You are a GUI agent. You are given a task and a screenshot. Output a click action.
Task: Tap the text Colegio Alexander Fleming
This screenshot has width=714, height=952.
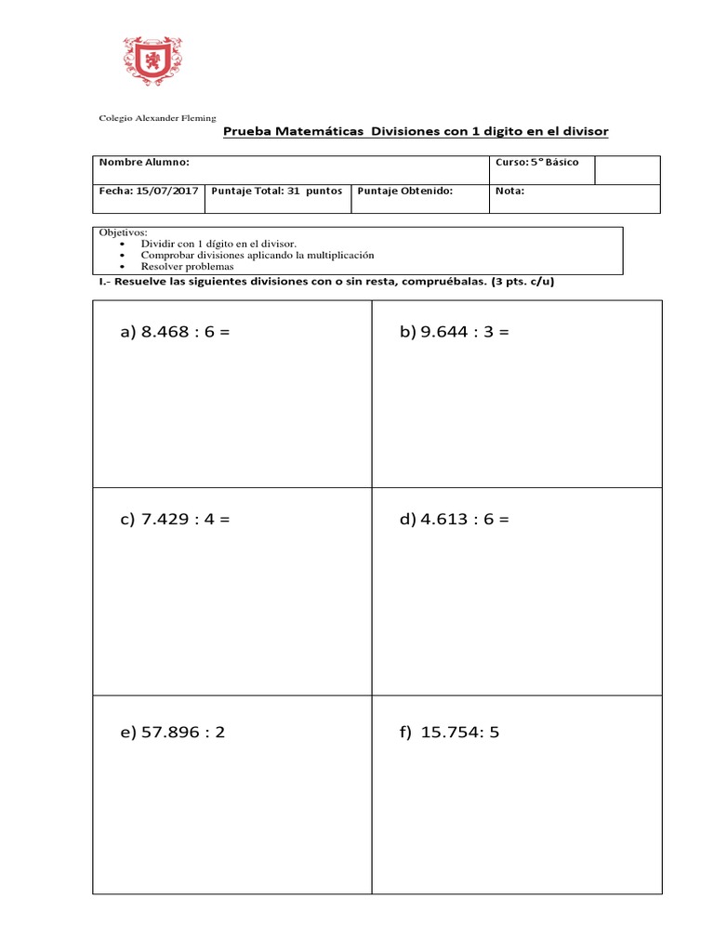click(157, 118)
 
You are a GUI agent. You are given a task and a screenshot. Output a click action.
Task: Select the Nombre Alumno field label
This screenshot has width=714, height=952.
click(144, 162)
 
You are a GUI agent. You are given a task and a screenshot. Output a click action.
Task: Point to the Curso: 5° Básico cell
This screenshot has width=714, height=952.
click(536, 162)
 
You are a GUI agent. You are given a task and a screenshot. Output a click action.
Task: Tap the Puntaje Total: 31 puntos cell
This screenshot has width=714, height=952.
click(277, 191)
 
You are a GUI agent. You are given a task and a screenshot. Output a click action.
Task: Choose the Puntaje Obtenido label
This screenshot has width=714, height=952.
click(404, 191)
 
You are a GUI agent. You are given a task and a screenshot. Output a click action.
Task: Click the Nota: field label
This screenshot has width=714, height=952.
click(509, 191)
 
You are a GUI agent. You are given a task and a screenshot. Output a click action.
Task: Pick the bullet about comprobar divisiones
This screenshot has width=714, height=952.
click(257, 255)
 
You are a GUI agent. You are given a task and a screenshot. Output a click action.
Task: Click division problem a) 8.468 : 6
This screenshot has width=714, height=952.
click(174, 332)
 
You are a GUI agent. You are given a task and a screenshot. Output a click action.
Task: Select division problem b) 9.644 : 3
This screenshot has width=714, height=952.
click(455, 332)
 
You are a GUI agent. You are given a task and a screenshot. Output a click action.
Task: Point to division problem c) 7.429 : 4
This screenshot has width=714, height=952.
click(174, 519)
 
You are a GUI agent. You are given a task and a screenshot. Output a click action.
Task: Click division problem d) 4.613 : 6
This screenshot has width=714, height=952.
click(455, 519)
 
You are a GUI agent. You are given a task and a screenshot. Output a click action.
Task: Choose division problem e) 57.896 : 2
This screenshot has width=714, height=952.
click(172, 732)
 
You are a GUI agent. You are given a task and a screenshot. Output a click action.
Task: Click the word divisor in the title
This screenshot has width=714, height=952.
click(585, 132)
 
